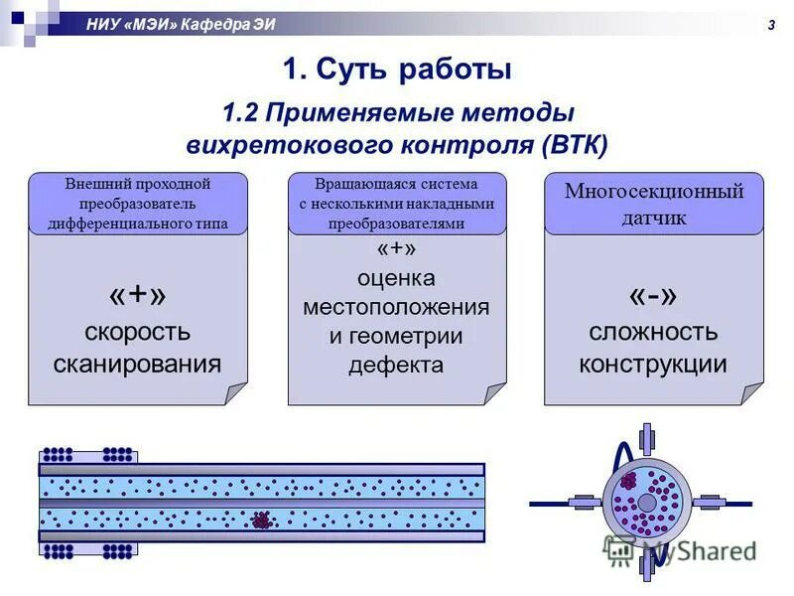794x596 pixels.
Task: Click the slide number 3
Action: pyautogui.click(x=770, y=25)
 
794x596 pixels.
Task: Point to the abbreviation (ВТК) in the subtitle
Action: pyautogui.click(x=575, y=145)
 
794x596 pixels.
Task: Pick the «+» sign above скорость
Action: pyautogui.click(x=137, y=295)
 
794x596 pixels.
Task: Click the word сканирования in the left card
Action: pyautogui.click(x=137, y=363)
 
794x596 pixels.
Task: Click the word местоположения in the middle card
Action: pyautogui.click(x=396, y=306)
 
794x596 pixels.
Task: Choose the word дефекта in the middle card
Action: pyautogui.click(x=396, y=365)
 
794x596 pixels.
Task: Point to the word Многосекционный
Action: pyautogui.click(x=654, y=192)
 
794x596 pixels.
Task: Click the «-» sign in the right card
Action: pyautogui.click(x=653, y=296)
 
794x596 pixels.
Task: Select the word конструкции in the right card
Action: pyautogui.click(x=653, y=364)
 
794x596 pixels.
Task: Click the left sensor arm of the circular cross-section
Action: pyautogui.click(x=582, y=503)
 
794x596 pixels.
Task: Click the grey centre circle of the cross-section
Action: pyautogui.click(x=646, y=503)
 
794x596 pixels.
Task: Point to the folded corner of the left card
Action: pyautogui.click(x=236, y=393)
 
